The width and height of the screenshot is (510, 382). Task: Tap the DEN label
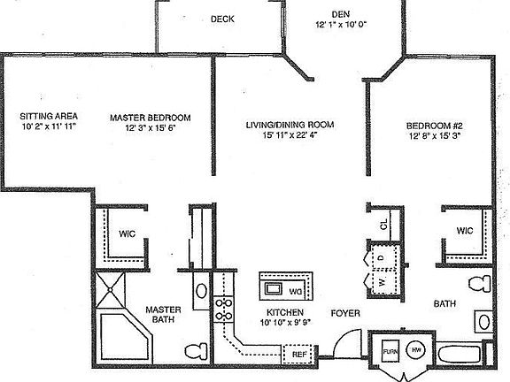pos(340,13)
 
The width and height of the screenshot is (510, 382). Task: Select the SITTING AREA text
pos(50,117)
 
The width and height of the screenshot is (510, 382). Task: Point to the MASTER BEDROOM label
pos(151,117)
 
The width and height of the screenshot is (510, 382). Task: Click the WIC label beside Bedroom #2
pos(466,230)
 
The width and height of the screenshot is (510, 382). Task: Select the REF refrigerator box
pos(299,355)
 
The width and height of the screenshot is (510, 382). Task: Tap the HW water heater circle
pos(416,352)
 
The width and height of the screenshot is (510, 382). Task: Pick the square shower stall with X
pos(112,287)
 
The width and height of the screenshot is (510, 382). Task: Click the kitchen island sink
pos(274,288)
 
